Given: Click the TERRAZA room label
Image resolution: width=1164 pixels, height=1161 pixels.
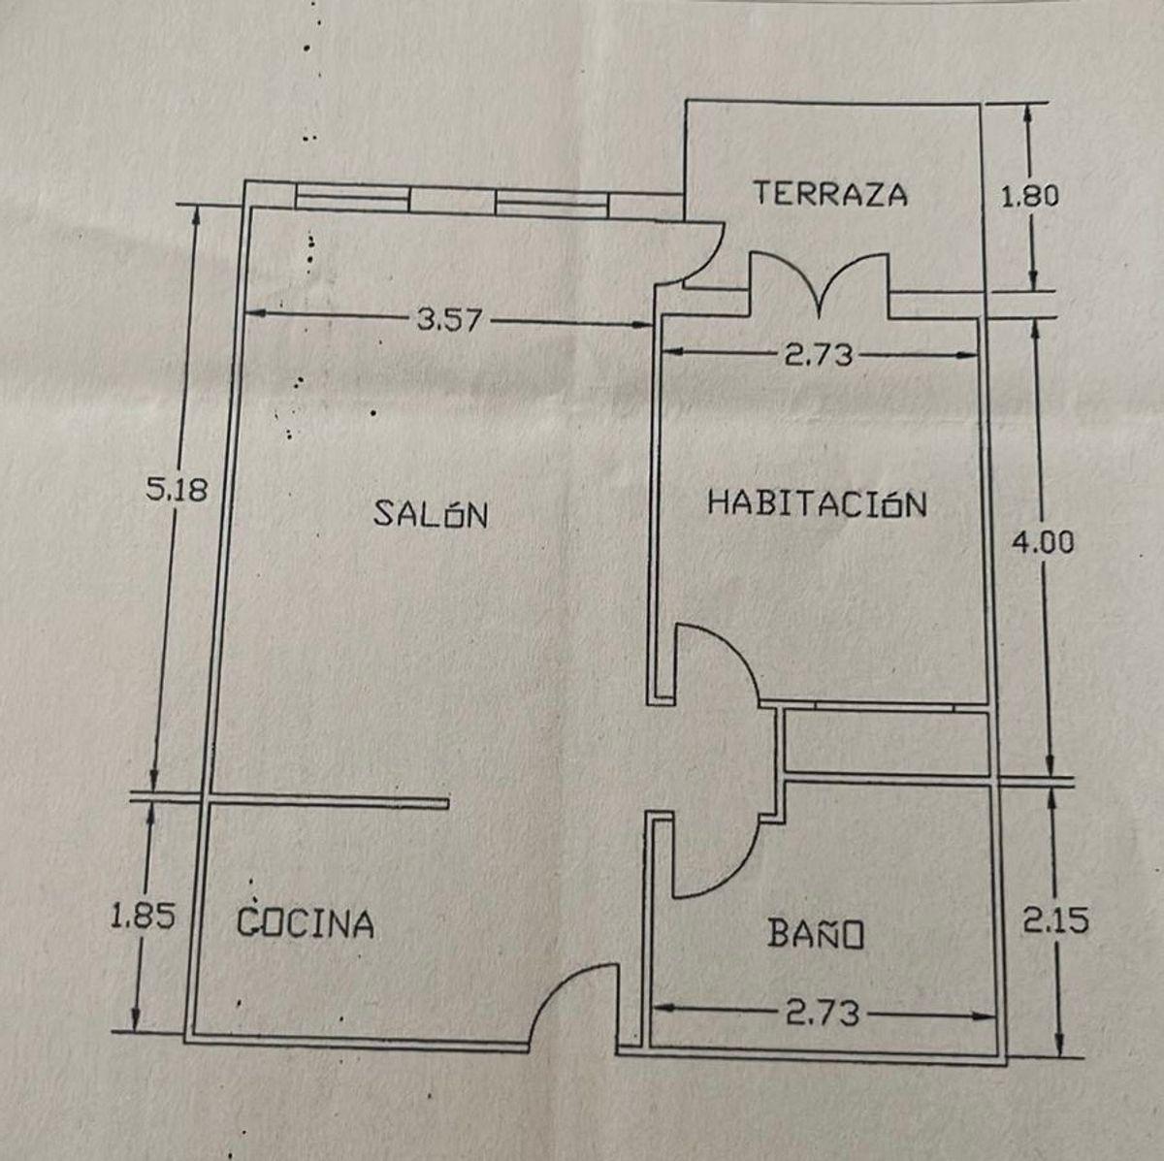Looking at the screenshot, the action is point(830,194).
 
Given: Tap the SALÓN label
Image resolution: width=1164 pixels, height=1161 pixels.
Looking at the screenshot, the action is point(431,514).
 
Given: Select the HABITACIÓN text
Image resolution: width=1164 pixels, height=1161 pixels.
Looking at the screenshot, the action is point(817,503).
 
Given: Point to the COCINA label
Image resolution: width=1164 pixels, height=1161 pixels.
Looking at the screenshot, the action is point(305,921).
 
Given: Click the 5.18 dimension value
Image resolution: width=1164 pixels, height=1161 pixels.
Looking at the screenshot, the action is point(177,489).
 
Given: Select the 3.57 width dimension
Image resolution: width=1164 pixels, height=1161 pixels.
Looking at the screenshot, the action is point(451,320).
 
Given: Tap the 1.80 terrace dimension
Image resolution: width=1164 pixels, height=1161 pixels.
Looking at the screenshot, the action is point(1030,196).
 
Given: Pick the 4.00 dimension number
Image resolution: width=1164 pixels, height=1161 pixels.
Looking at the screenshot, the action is point(1043,542).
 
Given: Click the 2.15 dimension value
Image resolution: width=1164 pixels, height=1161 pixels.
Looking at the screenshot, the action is point(1056,920).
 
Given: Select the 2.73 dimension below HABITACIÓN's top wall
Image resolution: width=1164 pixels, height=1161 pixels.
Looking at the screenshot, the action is point(819,355).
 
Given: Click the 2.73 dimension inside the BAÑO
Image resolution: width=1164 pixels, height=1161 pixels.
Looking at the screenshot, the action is point(823,1013).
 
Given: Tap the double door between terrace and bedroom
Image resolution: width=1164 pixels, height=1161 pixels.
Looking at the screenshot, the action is point(820,284).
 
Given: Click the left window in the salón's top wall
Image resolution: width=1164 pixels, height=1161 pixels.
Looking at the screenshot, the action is point(352,198).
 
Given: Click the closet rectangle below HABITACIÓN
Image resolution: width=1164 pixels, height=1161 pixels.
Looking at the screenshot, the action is point(886,744).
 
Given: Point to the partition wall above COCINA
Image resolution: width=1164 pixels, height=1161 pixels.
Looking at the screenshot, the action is point(328,801).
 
